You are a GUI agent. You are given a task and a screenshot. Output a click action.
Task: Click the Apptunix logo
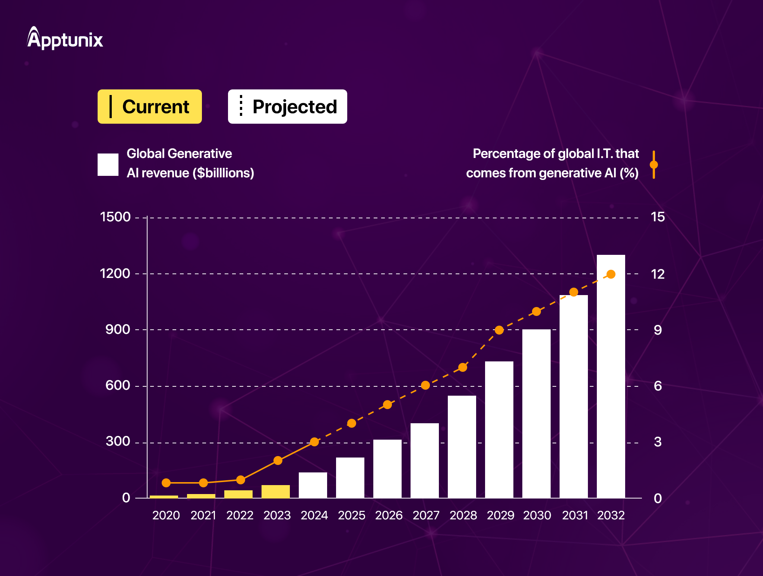coord(65,38)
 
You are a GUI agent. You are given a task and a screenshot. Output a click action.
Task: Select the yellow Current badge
coord(149,107)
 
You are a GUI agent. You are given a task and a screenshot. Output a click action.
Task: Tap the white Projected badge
coord(287,107)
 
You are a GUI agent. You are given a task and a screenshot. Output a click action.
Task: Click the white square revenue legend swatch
coord(108,164)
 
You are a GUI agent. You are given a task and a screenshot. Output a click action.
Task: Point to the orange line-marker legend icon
coord(653,164)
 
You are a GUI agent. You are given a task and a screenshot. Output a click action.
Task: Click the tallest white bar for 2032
coord(611,376)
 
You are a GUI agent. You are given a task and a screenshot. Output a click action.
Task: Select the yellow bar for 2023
coord(276,491)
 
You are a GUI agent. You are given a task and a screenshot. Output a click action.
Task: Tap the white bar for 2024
coord(313,485)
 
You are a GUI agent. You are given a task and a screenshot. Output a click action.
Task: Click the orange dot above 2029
coord(499,330)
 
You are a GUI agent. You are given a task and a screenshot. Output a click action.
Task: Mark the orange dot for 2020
coord(166,483)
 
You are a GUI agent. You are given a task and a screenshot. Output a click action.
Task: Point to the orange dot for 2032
coord(611,274)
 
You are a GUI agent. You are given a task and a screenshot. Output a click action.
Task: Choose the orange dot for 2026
coord(387,405)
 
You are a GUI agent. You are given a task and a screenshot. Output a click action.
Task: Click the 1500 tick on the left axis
coord(115,217)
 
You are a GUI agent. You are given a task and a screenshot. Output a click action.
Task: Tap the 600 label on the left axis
coord(118,385)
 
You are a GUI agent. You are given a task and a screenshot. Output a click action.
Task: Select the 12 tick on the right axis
coord(658,274)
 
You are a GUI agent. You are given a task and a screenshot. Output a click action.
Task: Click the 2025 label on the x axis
coord(351,515)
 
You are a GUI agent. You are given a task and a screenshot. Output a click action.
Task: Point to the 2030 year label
coord(537,515)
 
